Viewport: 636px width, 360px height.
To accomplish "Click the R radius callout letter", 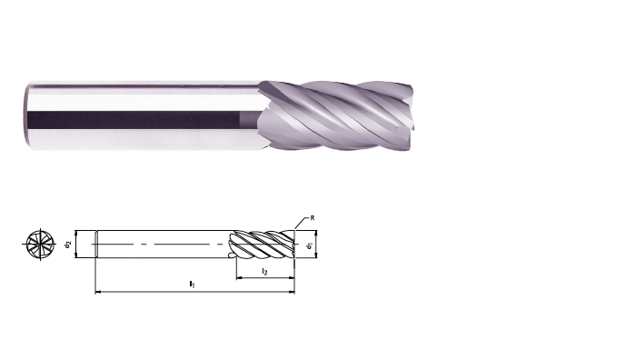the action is pos(313,218).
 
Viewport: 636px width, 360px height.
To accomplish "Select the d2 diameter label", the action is pos(68,244).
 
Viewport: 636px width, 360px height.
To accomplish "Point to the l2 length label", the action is pos(265,272).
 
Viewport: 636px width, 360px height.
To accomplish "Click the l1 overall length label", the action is pos(192,284).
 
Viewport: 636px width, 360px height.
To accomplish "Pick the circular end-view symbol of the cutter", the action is pos(40,244).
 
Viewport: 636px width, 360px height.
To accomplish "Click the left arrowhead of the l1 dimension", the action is pos(98,292).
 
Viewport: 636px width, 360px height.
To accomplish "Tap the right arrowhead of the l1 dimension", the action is pos(292,292).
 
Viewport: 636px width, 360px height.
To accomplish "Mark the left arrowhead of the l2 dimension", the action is pos(239,278).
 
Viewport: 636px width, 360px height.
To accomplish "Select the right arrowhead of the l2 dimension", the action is pos(292,278).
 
